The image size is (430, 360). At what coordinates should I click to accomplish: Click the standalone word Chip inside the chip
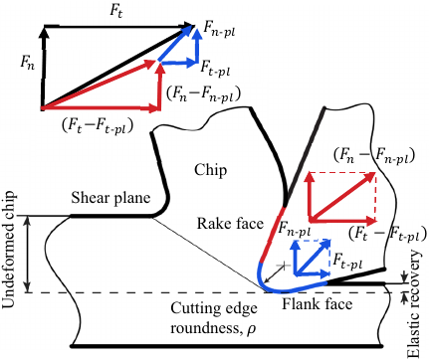point(214,171)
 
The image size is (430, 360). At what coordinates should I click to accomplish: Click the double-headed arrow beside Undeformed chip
point(27,253)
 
